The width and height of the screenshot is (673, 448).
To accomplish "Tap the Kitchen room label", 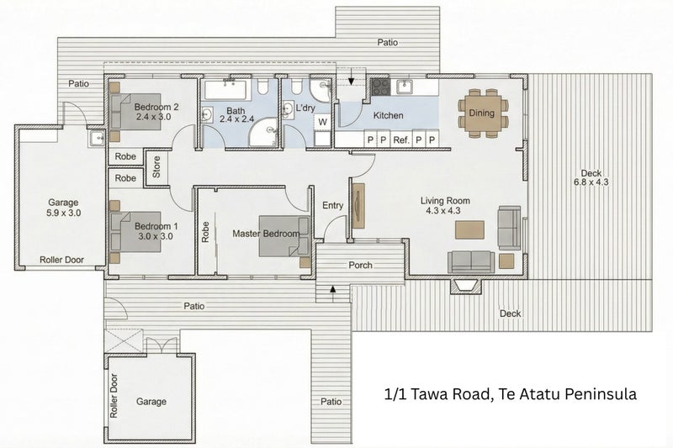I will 388,115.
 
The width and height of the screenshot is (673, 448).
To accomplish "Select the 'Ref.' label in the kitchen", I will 401,140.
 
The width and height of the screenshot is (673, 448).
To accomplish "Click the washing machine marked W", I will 322,122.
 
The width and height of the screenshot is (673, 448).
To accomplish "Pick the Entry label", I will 333,206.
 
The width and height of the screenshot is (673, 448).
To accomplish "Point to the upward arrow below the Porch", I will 334,289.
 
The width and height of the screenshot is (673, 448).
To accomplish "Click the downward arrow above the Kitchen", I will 351,80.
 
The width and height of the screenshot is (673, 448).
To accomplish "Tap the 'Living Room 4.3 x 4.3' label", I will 445,206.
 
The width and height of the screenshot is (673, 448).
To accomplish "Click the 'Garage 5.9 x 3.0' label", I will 63,208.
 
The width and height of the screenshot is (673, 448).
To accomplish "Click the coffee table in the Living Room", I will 470,229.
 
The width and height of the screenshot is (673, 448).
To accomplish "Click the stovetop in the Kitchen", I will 380,85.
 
